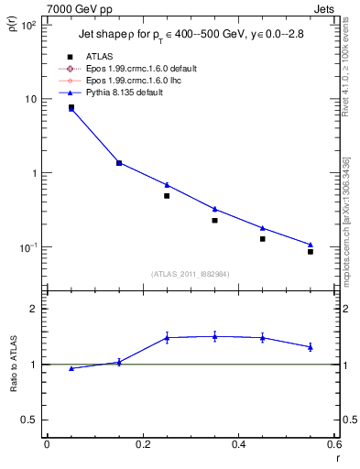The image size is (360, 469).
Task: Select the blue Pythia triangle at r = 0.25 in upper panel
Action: point(167,184)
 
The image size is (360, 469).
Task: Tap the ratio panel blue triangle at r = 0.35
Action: point(214,336)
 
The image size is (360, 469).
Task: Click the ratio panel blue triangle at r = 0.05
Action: point(71,368)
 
